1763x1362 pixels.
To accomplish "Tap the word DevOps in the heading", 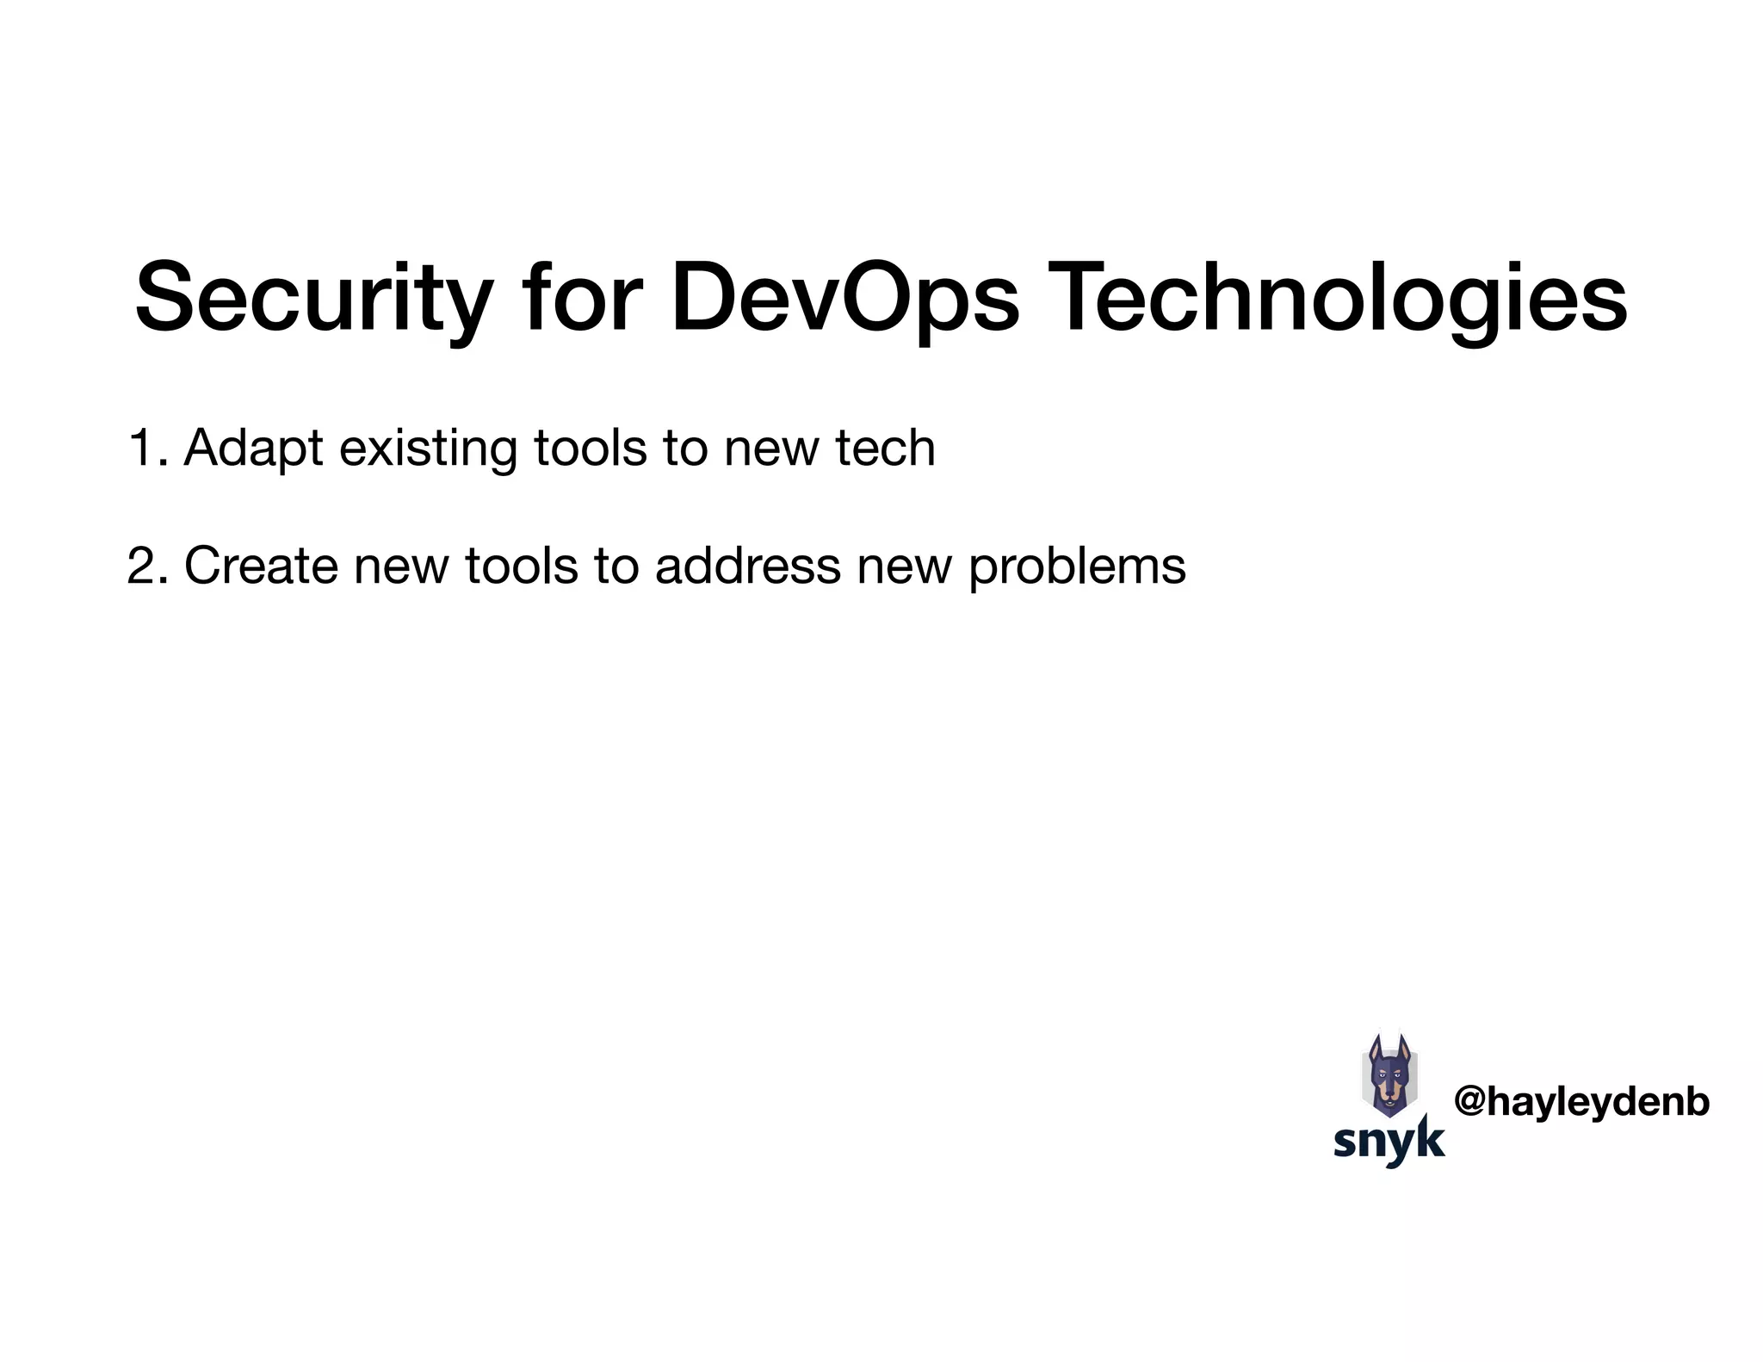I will pos(844,298).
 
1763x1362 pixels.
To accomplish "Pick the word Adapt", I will pos(254,449).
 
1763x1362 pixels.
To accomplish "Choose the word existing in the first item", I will pos(427,449).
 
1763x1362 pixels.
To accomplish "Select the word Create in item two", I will pos(261,566).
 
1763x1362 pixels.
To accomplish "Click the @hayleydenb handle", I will pos(1581,1102).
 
